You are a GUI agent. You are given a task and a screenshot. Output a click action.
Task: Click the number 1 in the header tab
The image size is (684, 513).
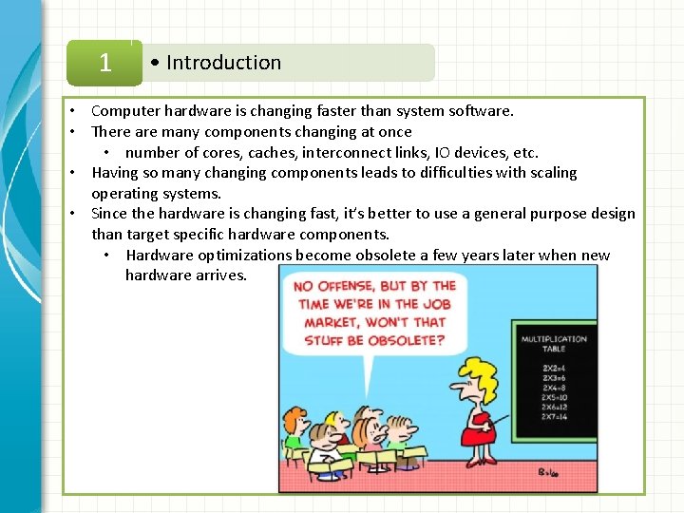(x=104, y=63)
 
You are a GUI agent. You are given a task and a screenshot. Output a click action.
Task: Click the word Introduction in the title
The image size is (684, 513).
(x=223, y=63)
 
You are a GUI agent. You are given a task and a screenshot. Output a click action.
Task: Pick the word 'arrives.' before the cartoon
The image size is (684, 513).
(x=218, y=275)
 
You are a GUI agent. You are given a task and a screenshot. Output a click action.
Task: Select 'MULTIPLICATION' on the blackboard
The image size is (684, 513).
(x=554, y=339)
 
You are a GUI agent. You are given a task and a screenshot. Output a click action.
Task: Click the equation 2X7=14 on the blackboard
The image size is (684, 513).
(x=554, y=416)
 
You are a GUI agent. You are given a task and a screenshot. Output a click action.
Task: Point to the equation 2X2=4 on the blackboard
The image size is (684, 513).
(x=554, y=368)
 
